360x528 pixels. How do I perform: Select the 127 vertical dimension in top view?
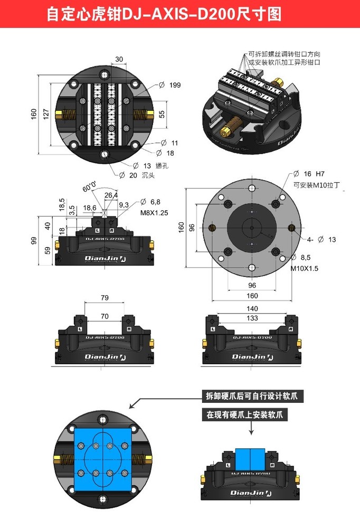[x=46, y=114]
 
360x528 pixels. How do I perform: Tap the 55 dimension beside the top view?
[x=162, y=114]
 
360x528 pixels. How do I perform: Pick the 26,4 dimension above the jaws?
[x=111, y=195]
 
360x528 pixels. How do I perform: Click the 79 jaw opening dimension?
[x=105, y=298]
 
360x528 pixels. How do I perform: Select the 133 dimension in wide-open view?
[x=252, y=318]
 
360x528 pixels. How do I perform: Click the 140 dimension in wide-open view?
[x=252, y=308]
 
